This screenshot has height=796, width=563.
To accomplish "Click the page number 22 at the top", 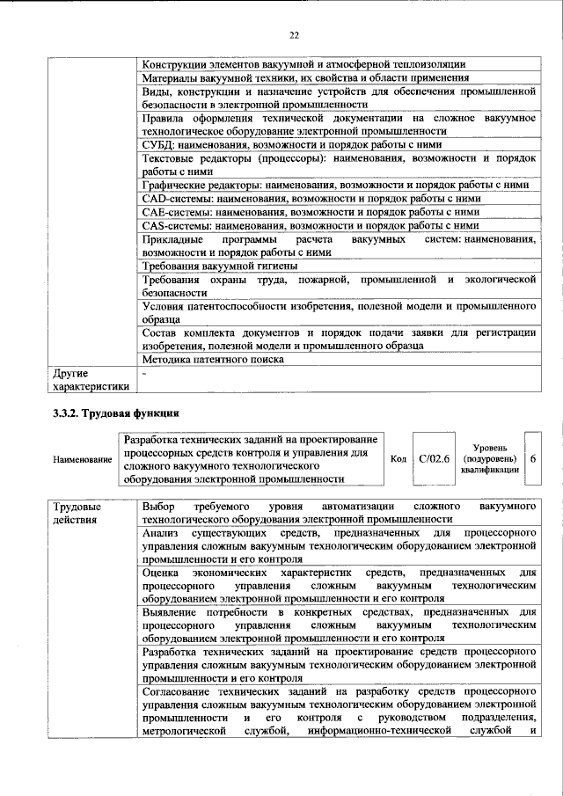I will [x=294, y=34].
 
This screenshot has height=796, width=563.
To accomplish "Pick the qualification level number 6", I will [x=534, y=459].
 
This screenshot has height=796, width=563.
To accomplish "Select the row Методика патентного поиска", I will [x=212, y=359].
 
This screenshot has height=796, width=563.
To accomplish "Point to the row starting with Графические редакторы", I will [x=334, y=186].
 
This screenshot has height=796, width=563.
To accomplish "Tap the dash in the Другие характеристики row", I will [x=144, y=373].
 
